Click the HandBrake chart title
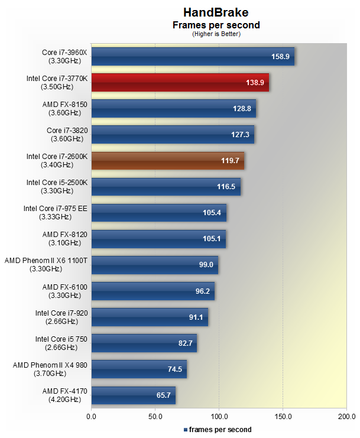pyautogui.click(x=216, y=12)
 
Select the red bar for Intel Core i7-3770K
pyautogui.click(x=180, y=83)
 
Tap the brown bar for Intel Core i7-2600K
pyautogui.click(x=167, y=161)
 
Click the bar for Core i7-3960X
pyautogui.click(x=192, y=57)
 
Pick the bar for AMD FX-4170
pyautogui.click(x=133, y=395)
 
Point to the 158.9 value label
pyautogui.click(x=281, y=57)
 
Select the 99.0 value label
pyautogui.click(x=206, y=265)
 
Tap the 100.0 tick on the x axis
pyautogui.click(x=219, y=417)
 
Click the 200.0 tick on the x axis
pyautogui.click(x=346, y=417)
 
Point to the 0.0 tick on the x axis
pyautogui.click(x=91, y=417)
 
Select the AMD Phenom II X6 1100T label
pyautogui.click(x=46, y=264)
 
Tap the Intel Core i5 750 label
pyautogui.click(x=61, y=342)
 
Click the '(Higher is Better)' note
pyautogui.click(x=216, y=34)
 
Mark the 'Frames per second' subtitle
pyautogui.click(x=216, y=25)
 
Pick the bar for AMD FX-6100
pyautogui.click(x=153, y=291)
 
